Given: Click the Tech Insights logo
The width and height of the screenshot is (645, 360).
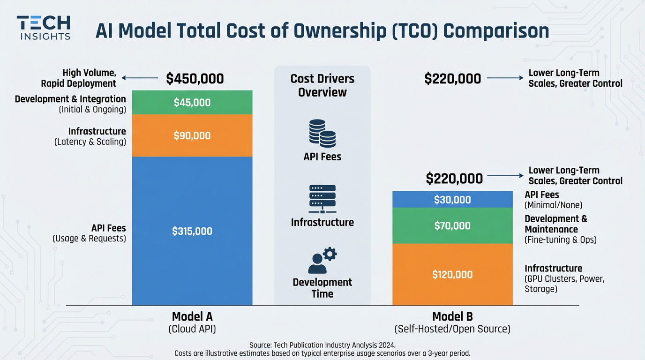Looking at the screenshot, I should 44,28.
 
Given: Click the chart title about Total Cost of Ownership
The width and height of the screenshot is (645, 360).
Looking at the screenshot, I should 322,31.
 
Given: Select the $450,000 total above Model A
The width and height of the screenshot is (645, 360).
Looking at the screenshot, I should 195,79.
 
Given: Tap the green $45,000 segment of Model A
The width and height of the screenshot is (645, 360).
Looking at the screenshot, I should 192,103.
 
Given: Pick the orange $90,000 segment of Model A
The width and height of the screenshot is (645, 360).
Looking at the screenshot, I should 192,136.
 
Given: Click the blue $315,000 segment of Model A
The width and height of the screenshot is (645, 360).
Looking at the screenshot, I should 192,231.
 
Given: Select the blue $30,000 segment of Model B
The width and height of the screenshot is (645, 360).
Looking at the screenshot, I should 452,200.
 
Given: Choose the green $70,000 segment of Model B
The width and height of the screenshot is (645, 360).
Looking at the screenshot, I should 452,226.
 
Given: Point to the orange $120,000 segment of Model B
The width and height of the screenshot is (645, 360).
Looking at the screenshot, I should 452,275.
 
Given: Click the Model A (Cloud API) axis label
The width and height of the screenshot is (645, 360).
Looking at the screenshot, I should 192,322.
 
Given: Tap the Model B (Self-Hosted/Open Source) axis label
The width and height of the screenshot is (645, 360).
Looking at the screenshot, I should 452,322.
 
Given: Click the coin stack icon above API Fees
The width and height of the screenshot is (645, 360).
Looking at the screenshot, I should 322,133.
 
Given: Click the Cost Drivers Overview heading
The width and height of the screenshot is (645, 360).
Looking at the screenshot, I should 322,85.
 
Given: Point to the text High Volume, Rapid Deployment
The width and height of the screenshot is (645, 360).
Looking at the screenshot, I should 78,78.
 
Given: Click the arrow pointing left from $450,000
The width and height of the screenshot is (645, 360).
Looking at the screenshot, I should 140,78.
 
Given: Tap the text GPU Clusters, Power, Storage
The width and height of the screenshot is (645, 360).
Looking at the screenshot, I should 564,284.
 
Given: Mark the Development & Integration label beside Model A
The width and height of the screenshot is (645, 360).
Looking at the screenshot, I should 70,99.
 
